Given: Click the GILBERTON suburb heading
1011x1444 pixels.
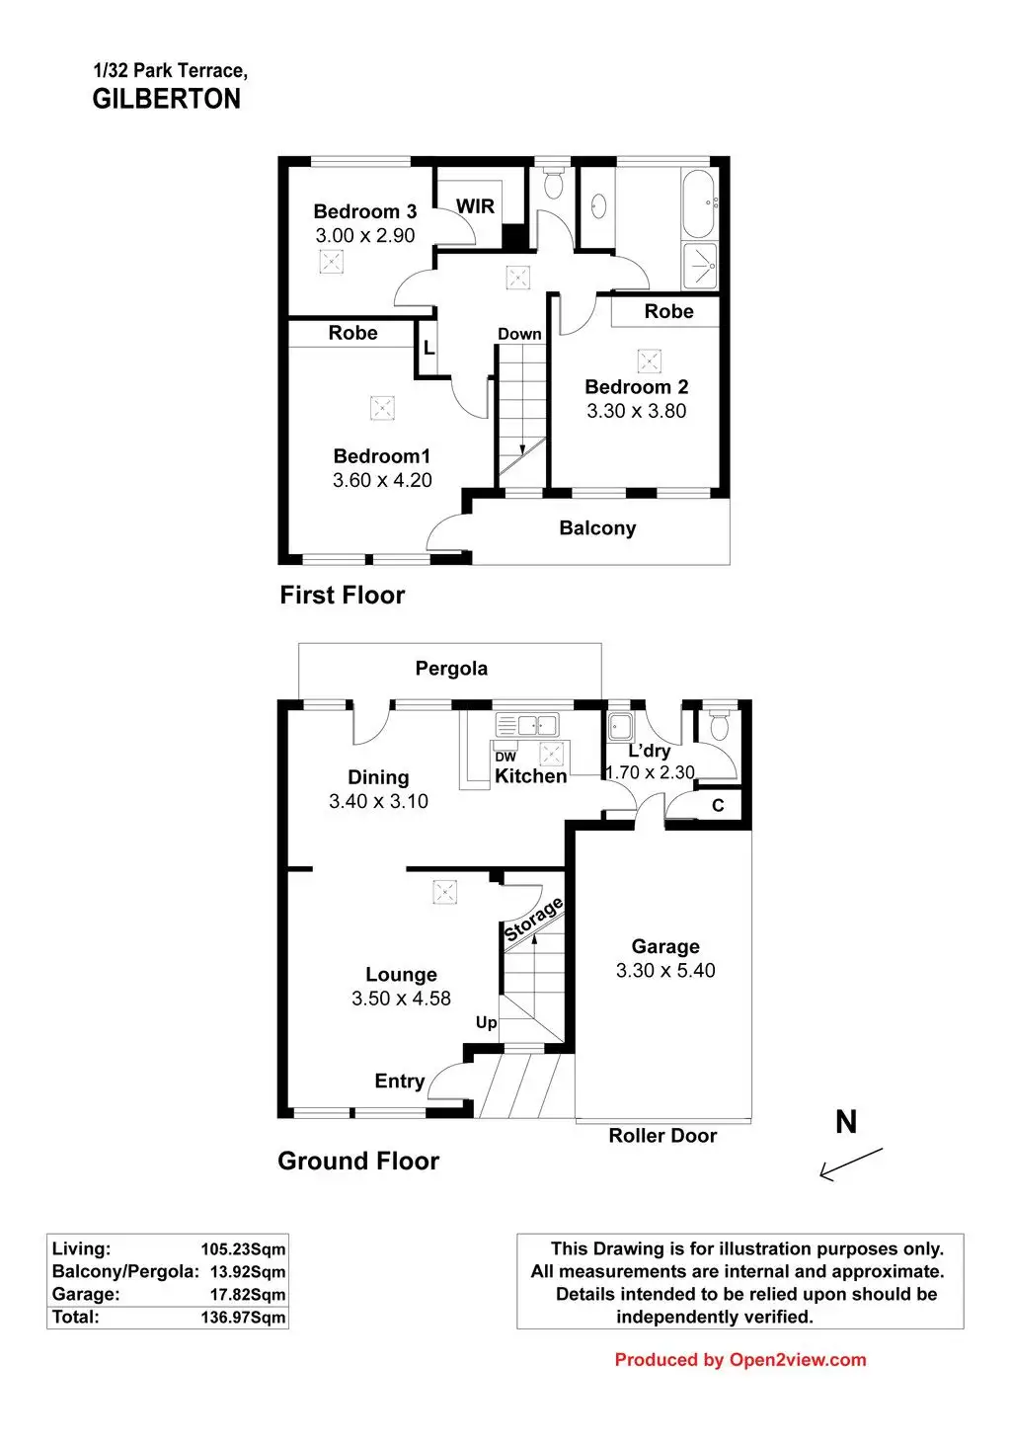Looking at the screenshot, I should pos(166,99).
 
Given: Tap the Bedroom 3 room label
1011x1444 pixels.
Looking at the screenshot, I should pos(364,211).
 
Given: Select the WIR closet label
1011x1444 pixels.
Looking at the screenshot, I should pos(475,206).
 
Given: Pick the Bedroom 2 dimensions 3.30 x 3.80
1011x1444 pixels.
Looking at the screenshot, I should pos(636,411).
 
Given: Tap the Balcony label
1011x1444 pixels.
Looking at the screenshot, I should pos(597,528).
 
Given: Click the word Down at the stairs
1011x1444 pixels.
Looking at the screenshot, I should pos(519,334).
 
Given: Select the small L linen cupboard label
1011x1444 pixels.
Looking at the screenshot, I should pos(428,349).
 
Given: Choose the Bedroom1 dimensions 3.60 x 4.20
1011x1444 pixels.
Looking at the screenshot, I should pos(382,481).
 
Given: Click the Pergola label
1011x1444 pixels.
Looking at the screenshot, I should pos(451,669).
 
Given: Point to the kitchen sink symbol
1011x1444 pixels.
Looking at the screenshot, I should pos(527,726).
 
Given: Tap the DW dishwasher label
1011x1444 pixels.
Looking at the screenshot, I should pos(505,757).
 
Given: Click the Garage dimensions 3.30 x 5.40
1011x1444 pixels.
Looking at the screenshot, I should pos(665,971).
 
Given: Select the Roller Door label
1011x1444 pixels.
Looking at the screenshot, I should pos(662,1136).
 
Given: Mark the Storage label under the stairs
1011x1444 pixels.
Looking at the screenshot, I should pos(533,920).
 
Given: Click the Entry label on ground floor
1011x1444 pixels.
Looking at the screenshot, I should pos(399,1082).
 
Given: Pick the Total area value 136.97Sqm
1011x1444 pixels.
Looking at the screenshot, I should pos(243,1317).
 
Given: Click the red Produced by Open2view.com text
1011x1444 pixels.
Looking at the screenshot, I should pos(739,1360).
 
